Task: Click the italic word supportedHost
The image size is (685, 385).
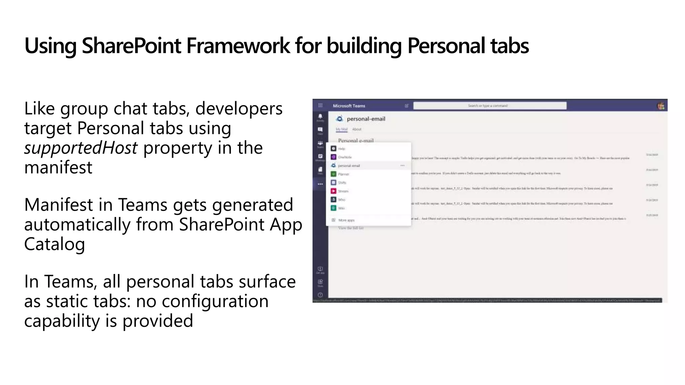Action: (81, 148)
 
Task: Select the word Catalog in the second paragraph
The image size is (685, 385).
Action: (55, 244)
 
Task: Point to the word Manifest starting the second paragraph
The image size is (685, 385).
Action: (58, 205)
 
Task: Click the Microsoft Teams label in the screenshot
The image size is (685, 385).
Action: (349, 106)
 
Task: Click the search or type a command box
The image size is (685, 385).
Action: (490, 106)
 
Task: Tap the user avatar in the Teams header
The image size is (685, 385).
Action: (661, 106)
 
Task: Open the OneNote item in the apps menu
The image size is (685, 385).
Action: (344, 157)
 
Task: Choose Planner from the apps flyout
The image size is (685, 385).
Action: (343, 174)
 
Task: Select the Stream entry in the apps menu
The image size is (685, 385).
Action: (343, 191)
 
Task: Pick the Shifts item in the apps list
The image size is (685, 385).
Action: (342, 183)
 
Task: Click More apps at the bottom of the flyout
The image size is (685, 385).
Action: (346, 220)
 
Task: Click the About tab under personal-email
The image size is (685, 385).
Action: (357, 129)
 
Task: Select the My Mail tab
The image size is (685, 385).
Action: (341, 129)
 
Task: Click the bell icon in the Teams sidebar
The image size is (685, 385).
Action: (320, 117)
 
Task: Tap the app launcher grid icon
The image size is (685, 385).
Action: (320, 106)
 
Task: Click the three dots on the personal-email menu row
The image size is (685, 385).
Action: (402, 165)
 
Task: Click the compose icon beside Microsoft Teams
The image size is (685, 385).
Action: (407, 106)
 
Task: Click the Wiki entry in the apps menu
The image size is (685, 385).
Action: (341, 208)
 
